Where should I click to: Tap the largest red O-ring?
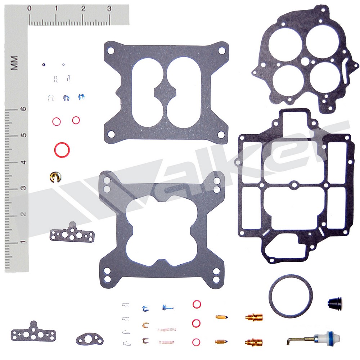click(62, 150)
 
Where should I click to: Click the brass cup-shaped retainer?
click(55, 177)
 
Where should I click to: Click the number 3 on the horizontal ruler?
click(109, 9)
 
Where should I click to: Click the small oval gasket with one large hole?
click(90, 339)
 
